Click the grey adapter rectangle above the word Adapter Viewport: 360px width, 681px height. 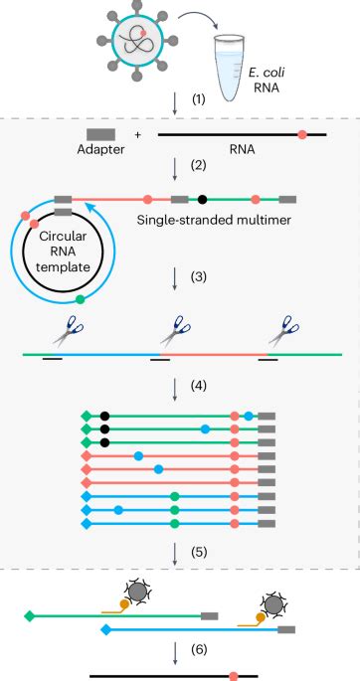pos(100,133)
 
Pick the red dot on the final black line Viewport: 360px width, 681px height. pos(233,675)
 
